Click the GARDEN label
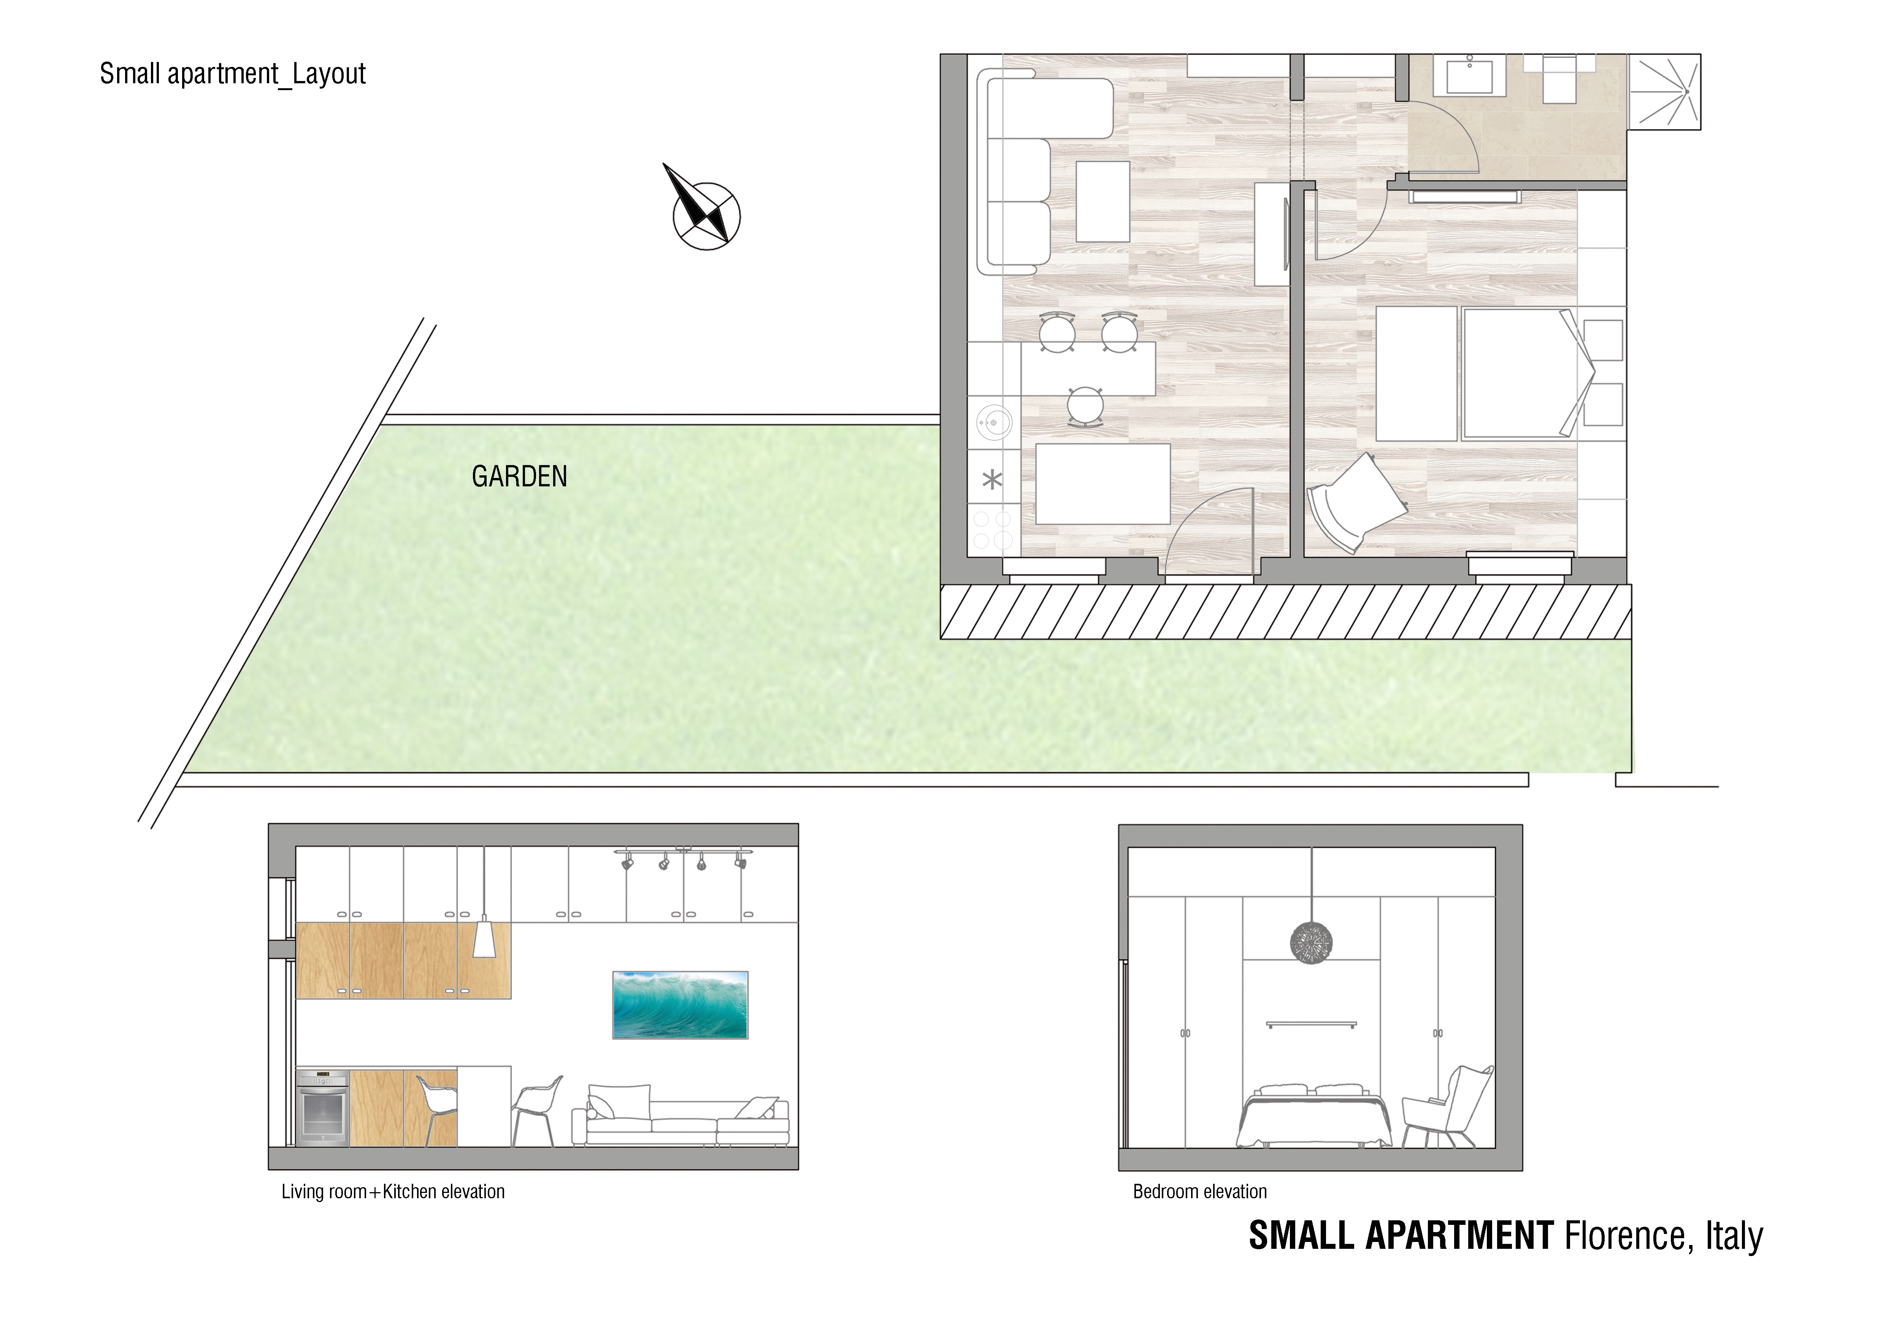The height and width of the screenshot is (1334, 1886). [x=519, y=476]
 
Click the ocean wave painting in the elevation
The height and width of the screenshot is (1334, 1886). [x=680, y=1005]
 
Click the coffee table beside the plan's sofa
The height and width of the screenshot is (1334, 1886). [x=1102, y=201]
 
